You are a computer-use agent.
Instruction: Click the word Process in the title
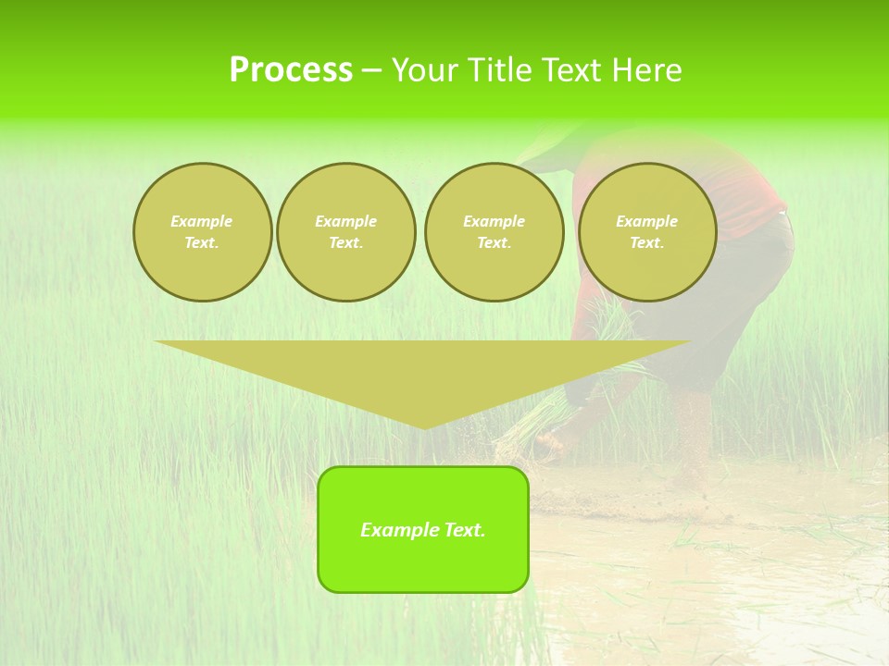coord(291,70)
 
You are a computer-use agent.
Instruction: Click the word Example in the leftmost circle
coord(202,221)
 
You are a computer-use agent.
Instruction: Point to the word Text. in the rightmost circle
coord(647,242)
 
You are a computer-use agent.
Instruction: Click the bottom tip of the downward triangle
coord(424,426)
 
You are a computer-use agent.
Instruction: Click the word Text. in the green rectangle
coord(464,530)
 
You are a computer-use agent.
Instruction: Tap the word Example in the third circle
coord(494,221)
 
